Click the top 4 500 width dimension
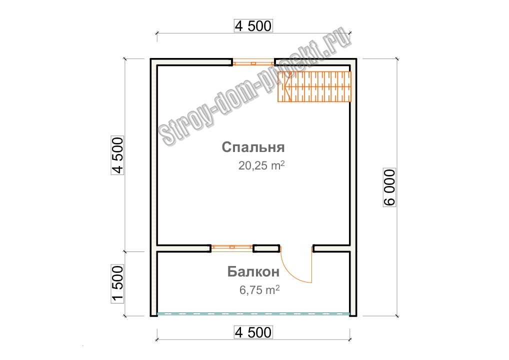[253, 26]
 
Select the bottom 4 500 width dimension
[253, 332]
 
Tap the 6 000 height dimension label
[389, 187]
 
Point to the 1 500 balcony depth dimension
[117, 283]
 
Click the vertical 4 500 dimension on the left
[117, 155]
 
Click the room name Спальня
[253, 147]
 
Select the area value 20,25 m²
[261, 165]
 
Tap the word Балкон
[253, 271]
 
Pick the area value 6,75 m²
[259, 289]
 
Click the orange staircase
[314, 86]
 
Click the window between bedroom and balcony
[232, 247]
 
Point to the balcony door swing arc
[292, 274]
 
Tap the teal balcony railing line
[253, 314]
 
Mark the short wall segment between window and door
[266, 248]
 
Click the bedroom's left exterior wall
[153, 155]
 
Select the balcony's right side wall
[353, 283]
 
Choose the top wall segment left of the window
[191, 62]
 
